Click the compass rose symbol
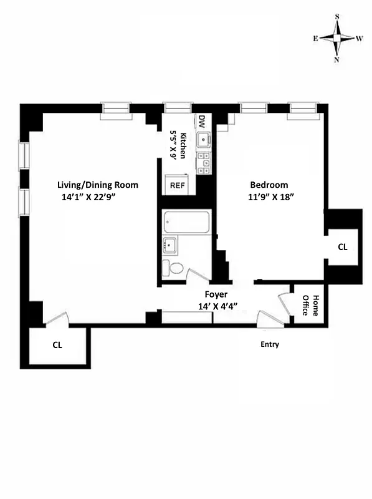point(337,37)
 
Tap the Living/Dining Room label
point(97,185)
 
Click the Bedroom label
point(269,185)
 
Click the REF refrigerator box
point(178,185)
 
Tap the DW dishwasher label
point(202,121)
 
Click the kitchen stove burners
point(202,163)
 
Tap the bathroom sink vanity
point(169,246)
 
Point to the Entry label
point(270,344)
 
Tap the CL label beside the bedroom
point(342,247)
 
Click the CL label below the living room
point(57,344)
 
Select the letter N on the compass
point(337,60)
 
